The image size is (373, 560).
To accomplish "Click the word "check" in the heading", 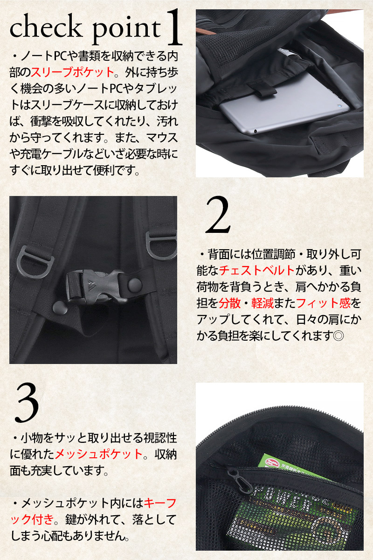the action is pos(46,27).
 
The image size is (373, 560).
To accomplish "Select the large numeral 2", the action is pos(218,215).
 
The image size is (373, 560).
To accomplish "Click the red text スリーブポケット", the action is pos(72,72).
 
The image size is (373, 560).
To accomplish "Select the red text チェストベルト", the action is pos(257,270).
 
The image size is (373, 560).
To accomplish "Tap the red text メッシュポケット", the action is pos(98,454).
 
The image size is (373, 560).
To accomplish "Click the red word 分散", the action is pos(229,303).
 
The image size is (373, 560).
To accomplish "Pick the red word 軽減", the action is pos(262,303).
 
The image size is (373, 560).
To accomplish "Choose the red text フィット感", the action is pos(323,303).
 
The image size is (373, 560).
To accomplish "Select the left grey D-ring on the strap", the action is pos(35,262).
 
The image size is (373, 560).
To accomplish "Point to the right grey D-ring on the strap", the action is pos(161,246).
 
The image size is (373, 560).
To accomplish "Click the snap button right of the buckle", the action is pos(135,285).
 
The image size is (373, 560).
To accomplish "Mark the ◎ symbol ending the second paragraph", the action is pos(338,336).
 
